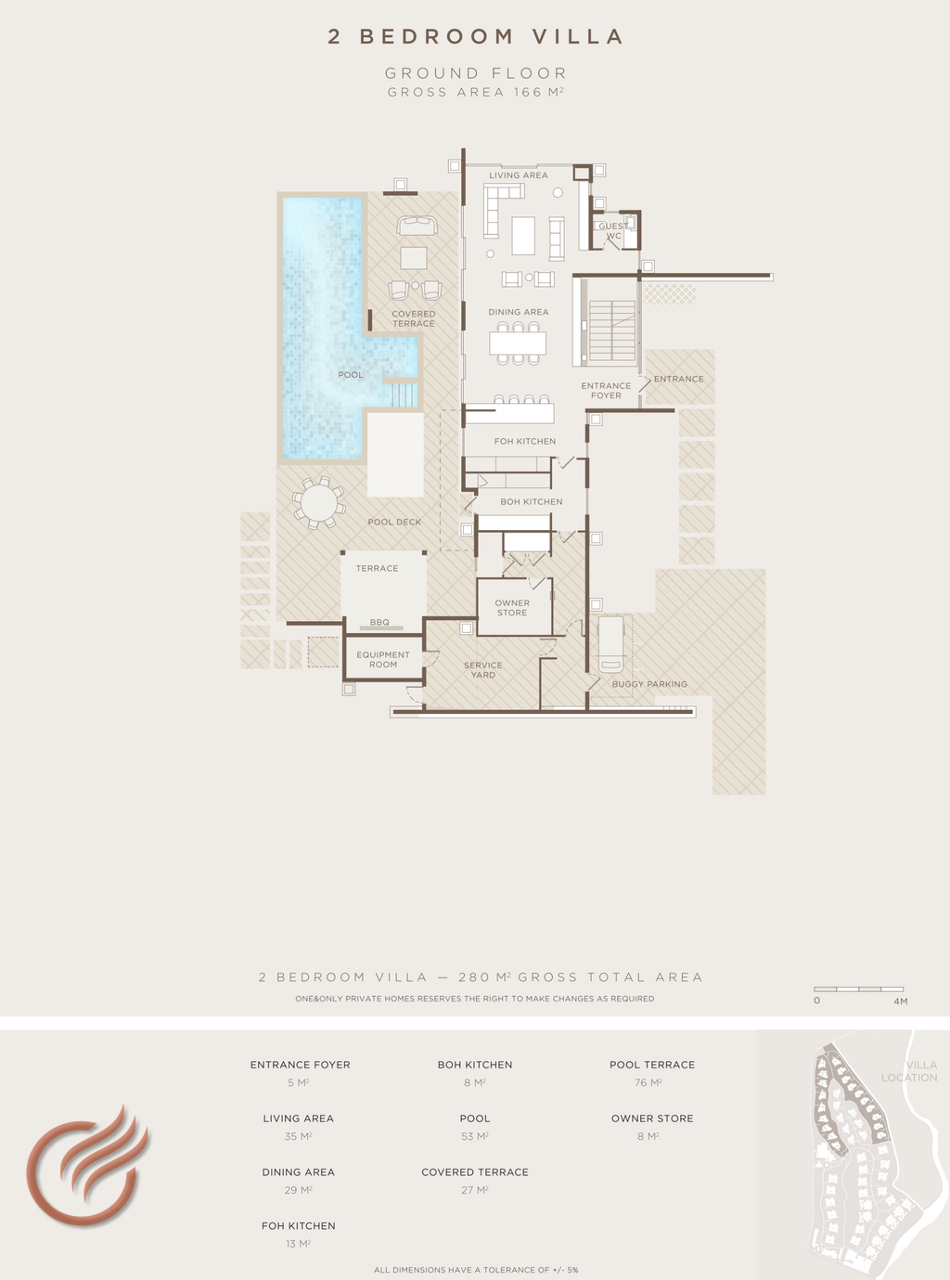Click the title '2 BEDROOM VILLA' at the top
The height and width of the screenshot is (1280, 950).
[x=475, y=36]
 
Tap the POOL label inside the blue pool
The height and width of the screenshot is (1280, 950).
[x=351, y=375]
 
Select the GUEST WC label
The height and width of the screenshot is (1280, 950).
[x=613, y=231]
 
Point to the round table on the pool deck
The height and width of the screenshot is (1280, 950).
[x=318, y=502]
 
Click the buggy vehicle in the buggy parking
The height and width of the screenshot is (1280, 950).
[x=610, y=644]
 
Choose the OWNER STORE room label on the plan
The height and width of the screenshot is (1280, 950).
[x=512, y=608]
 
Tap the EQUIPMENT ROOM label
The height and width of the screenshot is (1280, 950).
[x=383, y=659]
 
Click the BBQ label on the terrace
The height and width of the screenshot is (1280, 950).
[x=379, y=622]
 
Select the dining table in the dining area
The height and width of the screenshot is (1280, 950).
[x=518, y=343]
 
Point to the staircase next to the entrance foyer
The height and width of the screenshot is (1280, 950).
[x=611, y=330]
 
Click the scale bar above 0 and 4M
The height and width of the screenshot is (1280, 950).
[x=858, y=989]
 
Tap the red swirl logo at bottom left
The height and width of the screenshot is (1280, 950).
[x=86, y=1165]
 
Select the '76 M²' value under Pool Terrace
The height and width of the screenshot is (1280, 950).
[x=648, y=1082]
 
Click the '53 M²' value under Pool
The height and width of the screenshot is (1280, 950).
[x=475, y=1136]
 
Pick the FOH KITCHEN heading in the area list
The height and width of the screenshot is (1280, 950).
[x=298, y=1226]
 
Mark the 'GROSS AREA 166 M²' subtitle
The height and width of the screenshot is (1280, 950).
[x=475, y=92]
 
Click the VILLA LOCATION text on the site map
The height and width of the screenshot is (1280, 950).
[x=909, y=1071]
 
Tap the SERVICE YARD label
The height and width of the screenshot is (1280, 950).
[x=482, y=670]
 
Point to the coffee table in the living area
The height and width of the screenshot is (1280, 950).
[x=523, y=236]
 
